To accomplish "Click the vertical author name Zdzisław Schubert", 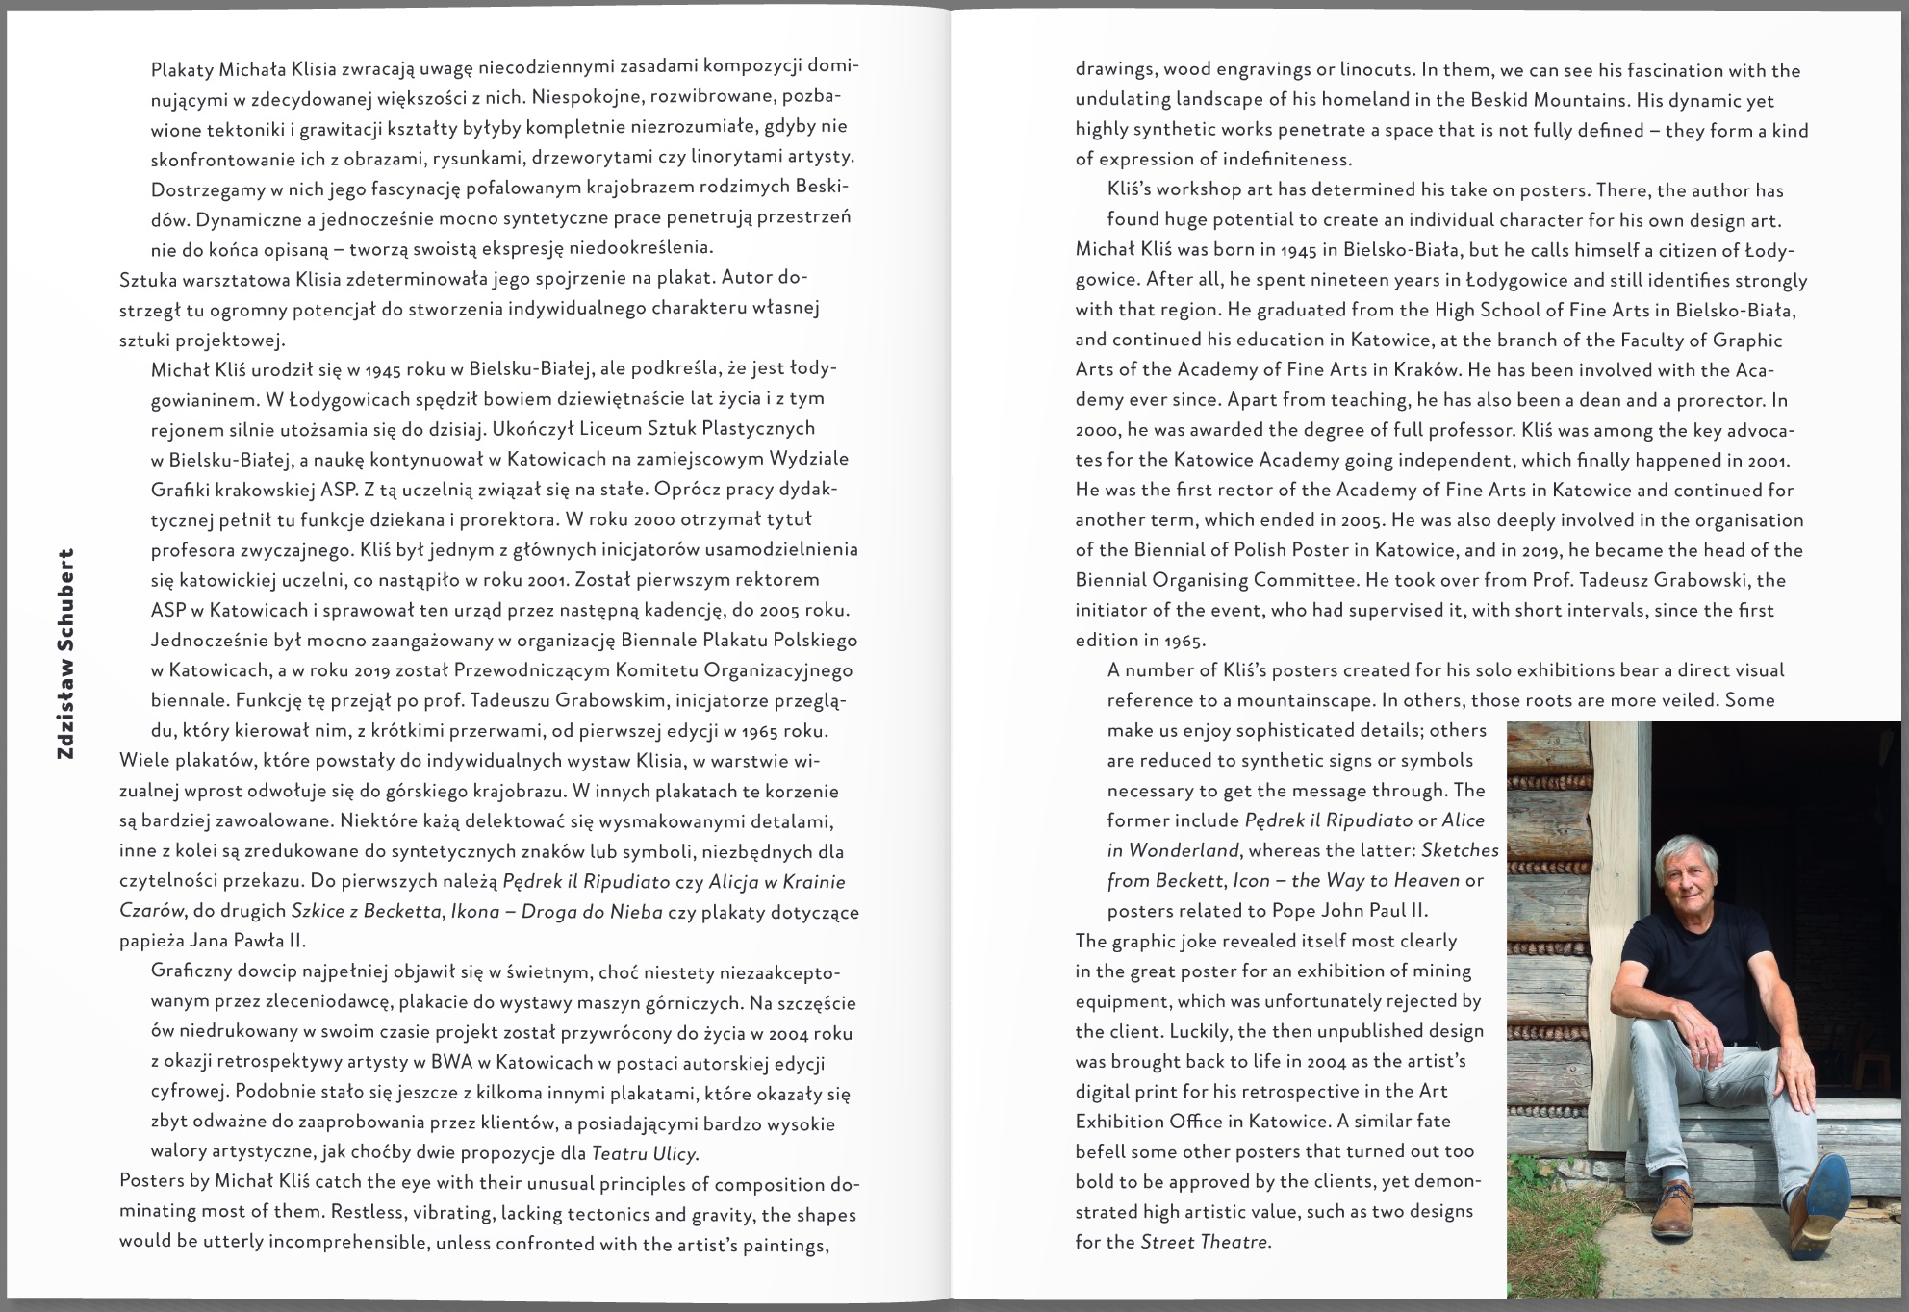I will click(65, 654).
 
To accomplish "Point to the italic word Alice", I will click(1463, 820).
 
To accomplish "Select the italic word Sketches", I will click(1460, 850).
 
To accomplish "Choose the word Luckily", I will click(1199, 1031).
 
